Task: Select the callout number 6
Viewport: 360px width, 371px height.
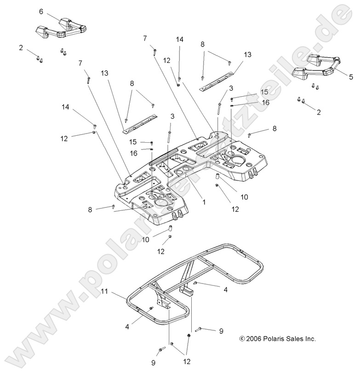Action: [41, 11]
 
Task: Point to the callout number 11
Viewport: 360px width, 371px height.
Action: [105, 292]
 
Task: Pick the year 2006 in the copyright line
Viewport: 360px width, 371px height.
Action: [254, 339]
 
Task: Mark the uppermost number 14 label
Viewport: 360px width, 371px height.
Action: [179, 40]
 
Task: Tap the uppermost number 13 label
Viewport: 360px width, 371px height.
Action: [248, 54]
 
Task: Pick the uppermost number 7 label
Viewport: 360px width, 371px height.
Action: [144, 38]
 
